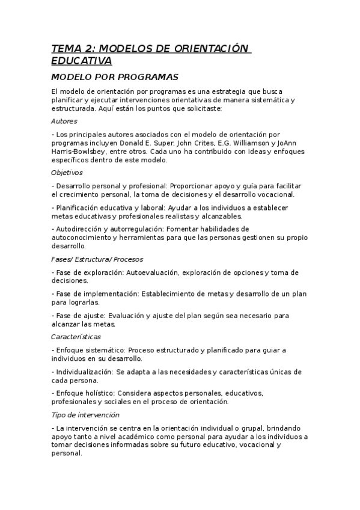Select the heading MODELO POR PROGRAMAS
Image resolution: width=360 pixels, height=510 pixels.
pyautogui.click(x=115, y=78)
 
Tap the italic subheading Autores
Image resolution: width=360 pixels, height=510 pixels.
pyautogui.click(x=64, y=121)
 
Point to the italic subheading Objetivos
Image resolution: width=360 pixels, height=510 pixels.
pyautogui.click(x=67, y=173)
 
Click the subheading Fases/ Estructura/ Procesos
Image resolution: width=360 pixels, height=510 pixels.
pyautogui.click(x=97, y=259)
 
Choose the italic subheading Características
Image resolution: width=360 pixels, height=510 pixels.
pyautogui.click(x=76, y=337)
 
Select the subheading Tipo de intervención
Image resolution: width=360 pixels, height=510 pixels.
pyautogui.click(x=85, y=415)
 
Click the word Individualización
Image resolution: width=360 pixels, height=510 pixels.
pyautogui.click(x=84, y=372)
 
